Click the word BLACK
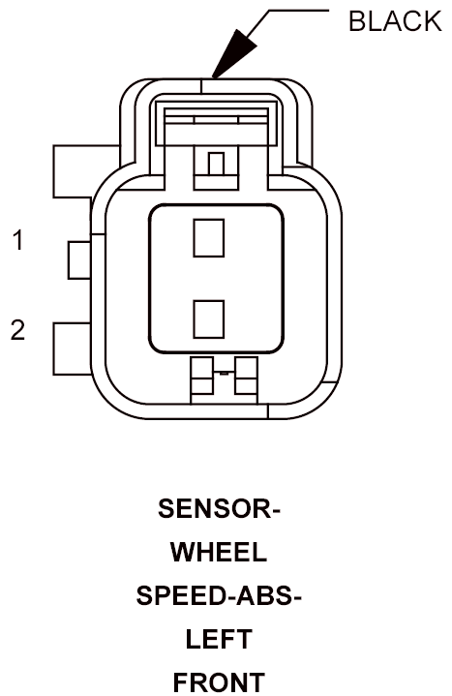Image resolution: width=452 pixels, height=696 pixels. pos(395,21)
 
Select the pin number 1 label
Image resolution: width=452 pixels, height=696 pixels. pos(17,240)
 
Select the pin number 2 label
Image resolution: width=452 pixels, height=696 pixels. pos(17,330)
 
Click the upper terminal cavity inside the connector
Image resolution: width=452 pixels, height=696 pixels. pos(209,237)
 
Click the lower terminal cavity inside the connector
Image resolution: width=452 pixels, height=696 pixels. pos(209,319)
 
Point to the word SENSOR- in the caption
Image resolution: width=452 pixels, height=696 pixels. pos(220,508)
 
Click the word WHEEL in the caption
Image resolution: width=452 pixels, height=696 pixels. pos(219,552)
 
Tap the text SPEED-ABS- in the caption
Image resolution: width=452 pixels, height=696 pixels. pos(219,595)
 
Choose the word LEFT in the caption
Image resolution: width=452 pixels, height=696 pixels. pos(219,639)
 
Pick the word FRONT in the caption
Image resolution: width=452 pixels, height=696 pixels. pos(219,682)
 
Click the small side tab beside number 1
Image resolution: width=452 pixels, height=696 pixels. pos(79,260)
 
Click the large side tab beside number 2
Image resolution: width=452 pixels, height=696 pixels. pos(73,349)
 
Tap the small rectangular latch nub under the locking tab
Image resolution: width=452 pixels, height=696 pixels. pos(216,164)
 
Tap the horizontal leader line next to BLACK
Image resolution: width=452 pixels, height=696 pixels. pos(299,11)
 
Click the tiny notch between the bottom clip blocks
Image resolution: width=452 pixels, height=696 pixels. pos(225,374)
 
